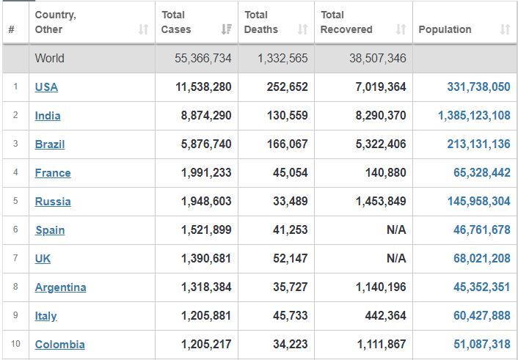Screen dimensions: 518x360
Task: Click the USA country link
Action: [46, 87]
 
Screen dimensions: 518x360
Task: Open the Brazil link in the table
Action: [50, 144]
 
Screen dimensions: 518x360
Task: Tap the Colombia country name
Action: [59, 345]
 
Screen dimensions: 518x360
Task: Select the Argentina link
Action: [60, 287]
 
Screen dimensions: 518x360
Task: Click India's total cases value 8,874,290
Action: [206, 115]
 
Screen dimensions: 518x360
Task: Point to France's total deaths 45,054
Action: [290, 172]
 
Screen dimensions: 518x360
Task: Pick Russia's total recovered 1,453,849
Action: [381, 201]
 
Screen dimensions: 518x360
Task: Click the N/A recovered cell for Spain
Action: [396, 229]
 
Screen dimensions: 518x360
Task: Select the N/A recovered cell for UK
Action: [396, 258]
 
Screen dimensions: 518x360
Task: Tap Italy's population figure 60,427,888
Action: [481, 315]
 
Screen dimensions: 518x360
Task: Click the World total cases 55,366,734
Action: [203, 59]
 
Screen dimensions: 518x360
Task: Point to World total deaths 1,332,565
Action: [282, 59]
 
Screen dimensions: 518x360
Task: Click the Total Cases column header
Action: [176, 22]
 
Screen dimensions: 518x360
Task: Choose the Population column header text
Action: [445, 29]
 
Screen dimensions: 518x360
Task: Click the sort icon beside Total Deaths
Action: [302, 29]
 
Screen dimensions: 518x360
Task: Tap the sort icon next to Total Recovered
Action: [401, 29]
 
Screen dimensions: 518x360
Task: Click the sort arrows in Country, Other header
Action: [143, 29]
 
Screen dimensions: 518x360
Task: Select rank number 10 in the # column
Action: [15, 344]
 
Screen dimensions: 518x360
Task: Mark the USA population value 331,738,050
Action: [478, 87]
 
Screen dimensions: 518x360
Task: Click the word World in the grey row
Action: [50, 59]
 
